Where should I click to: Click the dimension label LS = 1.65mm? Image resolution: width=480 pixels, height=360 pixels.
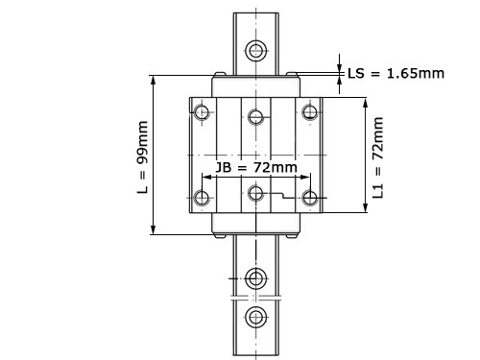pyautogui.click(x=396, y=74)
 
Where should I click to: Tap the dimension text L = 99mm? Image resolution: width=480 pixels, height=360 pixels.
pyautogui.click(x=143, y=157)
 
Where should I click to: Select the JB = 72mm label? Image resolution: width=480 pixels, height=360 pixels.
pyautogui.click(x=256, y=167)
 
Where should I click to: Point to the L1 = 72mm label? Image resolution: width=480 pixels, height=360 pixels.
pyautogui.click(x=378, y=157)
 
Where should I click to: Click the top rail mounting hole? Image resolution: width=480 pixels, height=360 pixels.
pyautogui.click(x=256, y=50)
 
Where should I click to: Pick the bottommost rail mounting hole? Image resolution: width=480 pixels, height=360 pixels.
pyautogui.click(x=256, y=317)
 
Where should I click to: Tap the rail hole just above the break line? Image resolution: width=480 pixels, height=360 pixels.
pyautogui.click(x=256, y=278)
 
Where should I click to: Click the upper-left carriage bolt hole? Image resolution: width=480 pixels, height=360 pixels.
pyautogui.click(x=202, y=112)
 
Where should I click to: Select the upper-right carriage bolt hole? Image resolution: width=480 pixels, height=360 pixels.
pyautogui.click(x=310, y=112)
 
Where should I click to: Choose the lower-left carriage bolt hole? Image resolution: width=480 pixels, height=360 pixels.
pyautogui.click(x=202, y=198)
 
